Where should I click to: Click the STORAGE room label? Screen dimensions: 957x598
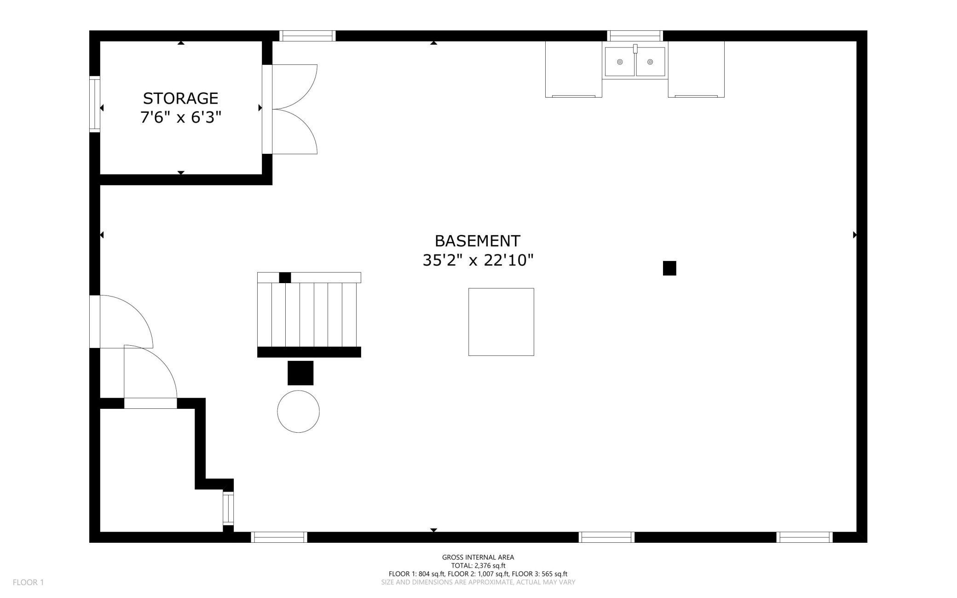click(x=180, y=98)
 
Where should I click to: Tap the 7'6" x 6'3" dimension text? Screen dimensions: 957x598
click(x=181, y=117)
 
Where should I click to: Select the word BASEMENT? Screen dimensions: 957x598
click(x=478, y=241)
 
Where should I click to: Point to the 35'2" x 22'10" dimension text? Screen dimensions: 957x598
click(x=478, y=260)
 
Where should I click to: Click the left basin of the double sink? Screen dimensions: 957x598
click(x=620, y=62)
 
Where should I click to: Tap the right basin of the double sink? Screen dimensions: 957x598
click(x=650, y=62)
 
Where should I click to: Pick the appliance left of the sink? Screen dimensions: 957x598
click(x=574, y=69)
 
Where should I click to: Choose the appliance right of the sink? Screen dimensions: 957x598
click(x=696, y=69)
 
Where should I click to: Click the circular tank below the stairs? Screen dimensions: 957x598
click(x=299, y=412)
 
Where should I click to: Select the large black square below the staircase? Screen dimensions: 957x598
click(x=300, y=373)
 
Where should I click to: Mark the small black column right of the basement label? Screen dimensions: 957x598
click(x=669, y=268)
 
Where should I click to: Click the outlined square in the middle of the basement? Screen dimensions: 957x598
click(x=501, y=322)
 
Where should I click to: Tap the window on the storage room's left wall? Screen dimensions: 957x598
click(x=95, y=104)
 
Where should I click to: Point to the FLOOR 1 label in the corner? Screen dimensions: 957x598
click(x=29, y=582)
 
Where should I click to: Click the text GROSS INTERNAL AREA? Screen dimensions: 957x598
click(x=478, y=557)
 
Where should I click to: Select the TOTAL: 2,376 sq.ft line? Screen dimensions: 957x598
click(x=478, y=565)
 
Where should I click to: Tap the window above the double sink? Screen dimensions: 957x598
click(x=635, y=36)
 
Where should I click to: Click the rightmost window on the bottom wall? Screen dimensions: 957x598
click(x=805, y=537)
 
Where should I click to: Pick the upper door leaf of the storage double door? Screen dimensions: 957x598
click(x=294, y=87)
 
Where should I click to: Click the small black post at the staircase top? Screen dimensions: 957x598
click(x=285, y=278)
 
